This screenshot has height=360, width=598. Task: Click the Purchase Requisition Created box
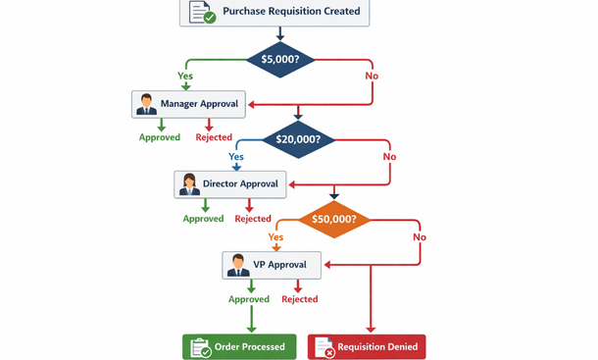coord(279,12)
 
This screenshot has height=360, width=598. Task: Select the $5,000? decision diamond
coord(280,59)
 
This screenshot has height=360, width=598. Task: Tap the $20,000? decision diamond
coord(298,139)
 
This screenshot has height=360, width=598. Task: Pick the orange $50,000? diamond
coord(333,220)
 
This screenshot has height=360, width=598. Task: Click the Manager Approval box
coord(189,104)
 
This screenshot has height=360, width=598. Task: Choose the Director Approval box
coord(230,183)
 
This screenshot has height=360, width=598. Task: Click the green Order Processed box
coord(239,346)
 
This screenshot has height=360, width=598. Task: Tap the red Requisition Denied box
coord(367,346)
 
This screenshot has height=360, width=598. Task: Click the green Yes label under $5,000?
coord(185,76)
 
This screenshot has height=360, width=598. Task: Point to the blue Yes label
coord(236,156)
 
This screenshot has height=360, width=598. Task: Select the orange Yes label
coord(275,237)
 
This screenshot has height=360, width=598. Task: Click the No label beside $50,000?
coord(420,237)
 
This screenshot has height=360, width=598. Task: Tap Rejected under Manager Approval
coord(214,137)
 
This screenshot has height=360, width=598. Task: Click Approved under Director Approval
coord(203,219)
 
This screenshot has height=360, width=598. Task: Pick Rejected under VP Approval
coord(299,299)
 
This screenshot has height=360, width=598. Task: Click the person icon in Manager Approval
coord(147,104)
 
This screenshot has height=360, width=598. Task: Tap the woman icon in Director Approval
coord(189,183)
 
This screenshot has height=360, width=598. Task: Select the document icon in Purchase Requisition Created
coord(201,12)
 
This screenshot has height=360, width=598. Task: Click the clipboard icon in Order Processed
coord(200,346)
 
